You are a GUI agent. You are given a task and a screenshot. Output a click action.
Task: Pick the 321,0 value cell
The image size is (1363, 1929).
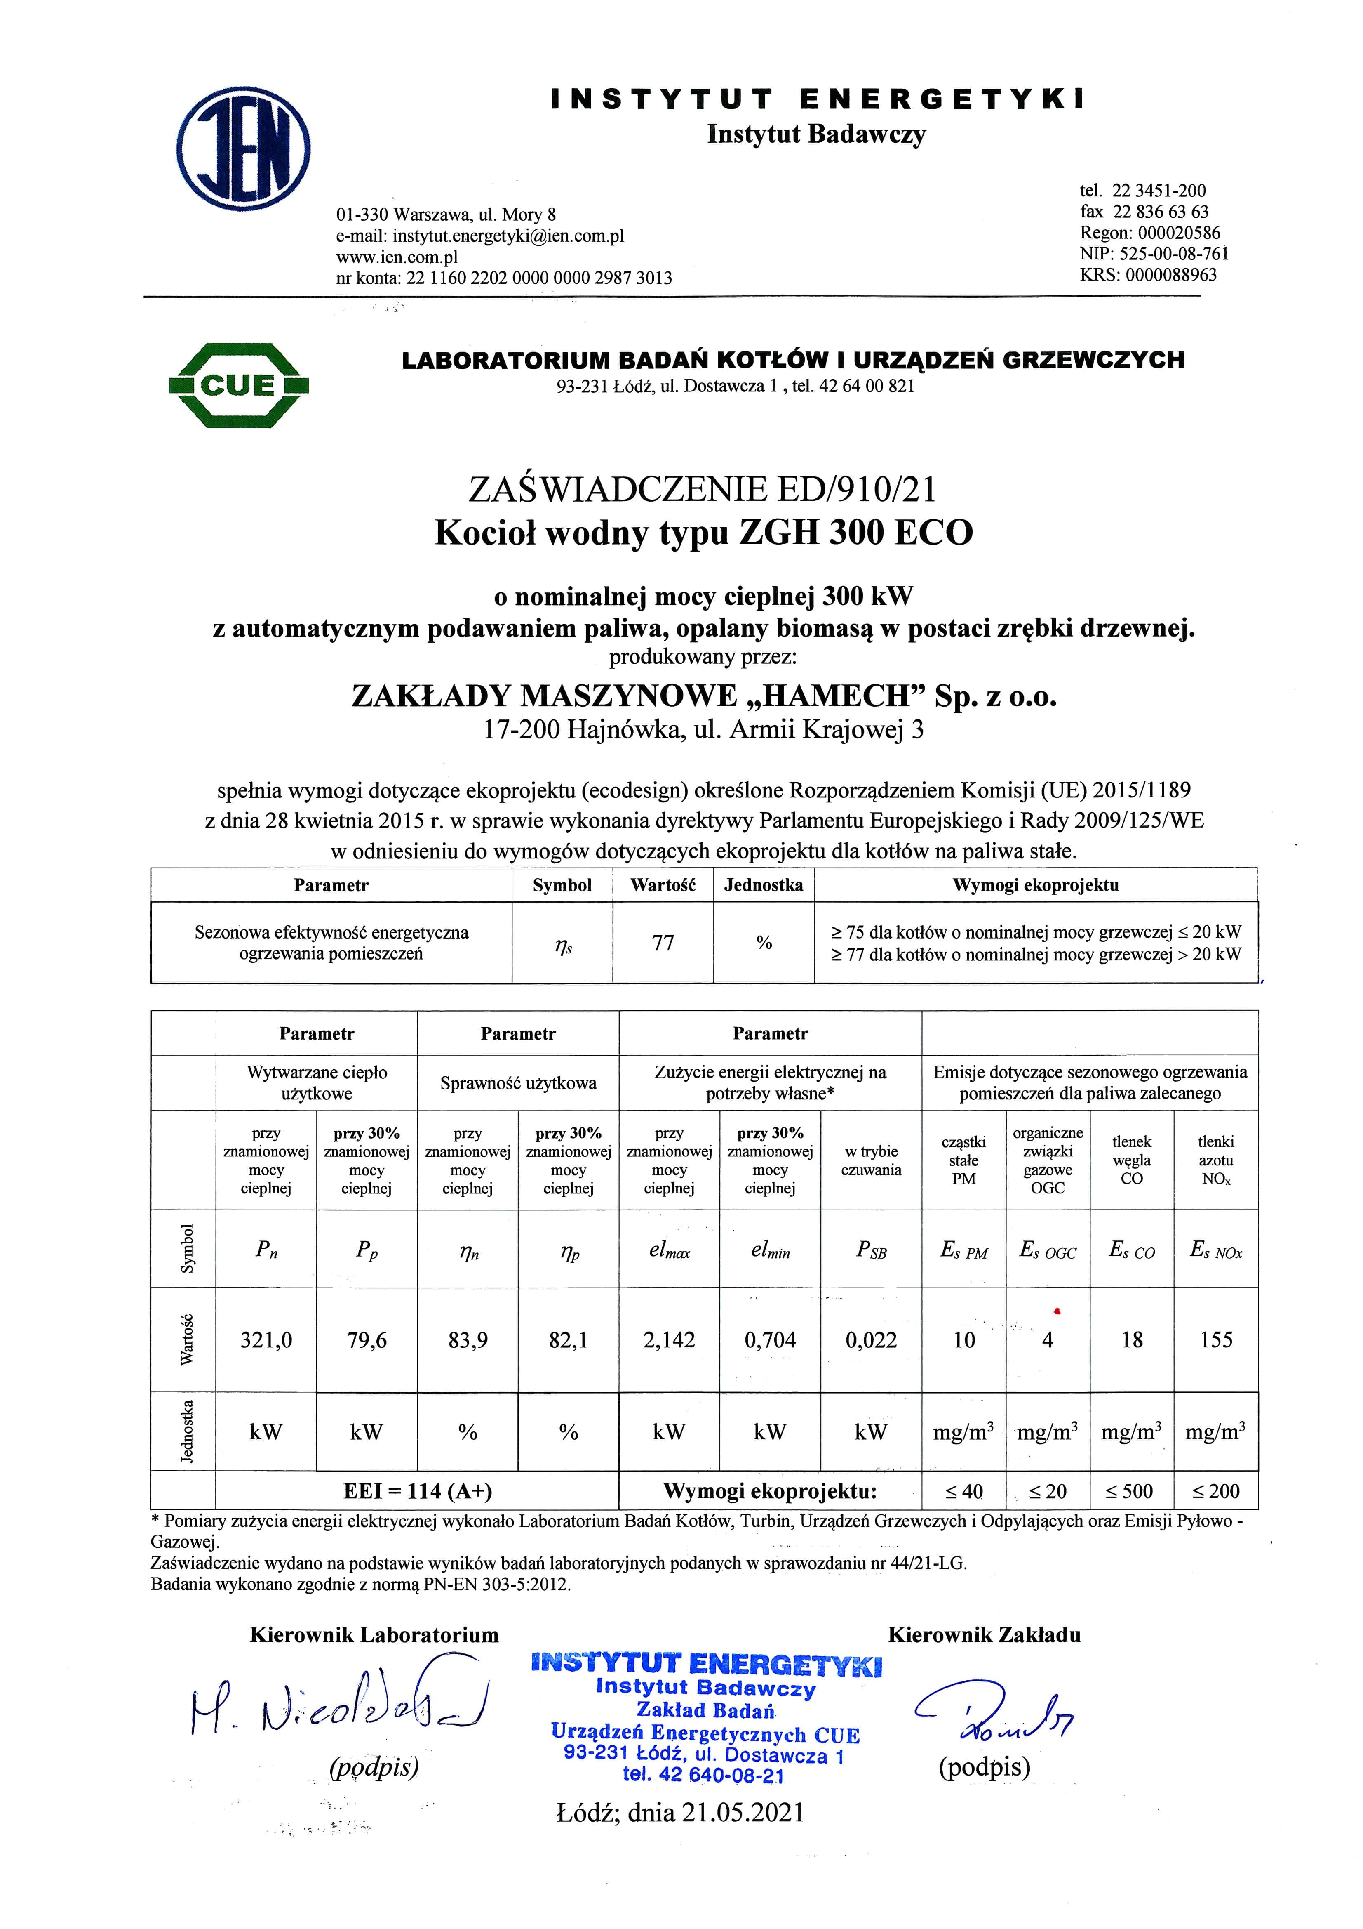click(x=266, y=1340)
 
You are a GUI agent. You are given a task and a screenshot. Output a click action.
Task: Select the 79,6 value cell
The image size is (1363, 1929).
click(x=367, y=1340)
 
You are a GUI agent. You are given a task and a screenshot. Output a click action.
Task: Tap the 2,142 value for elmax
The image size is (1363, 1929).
click(x=669, y=1340)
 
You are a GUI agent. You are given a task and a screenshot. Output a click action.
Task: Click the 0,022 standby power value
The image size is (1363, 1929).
click(x=871, y=1340)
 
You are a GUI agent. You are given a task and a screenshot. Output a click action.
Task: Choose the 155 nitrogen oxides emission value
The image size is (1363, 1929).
click(x=1216, y=1340)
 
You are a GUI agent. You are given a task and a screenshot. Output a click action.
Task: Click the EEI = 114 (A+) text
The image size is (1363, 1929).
click(x=417, y=1491)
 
